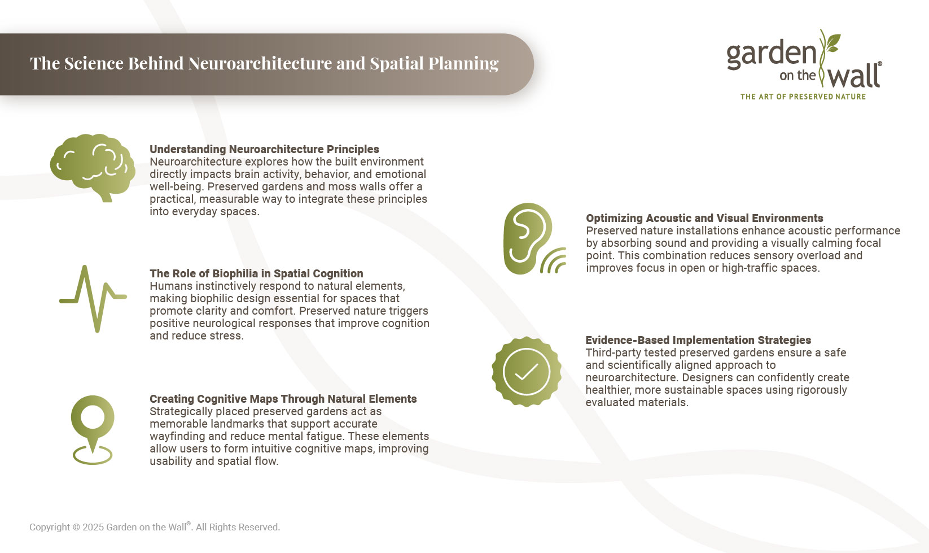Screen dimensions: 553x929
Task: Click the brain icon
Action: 93,167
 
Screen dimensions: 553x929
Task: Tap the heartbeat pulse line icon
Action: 93,298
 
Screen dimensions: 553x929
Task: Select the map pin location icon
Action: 93,429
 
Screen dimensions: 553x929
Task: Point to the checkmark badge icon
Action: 526,372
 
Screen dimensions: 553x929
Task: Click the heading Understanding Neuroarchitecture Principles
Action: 264,149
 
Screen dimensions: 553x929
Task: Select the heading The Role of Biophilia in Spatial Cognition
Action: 256,273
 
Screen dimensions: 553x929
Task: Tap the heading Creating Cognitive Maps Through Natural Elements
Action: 283,399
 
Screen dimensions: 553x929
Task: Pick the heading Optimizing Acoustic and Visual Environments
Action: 704,218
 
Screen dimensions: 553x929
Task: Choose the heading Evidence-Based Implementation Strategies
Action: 698,340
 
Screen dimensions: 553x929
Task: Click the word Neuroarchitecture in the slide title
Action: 260,63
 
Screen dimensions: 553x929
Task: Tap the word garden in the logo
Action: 771,55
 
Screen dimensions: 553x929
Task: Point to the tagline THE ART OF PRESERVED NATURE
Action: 803,97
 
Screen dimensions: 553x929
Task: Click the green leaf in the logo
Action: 833,42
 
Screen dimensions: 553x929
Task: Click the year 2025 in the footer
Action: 93,527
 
